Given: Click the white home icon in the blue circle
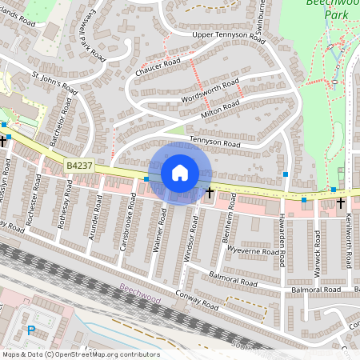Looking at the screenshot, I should click(x=179, y=172).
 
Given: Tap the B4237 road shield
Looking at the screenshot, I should click(x=79, y=165).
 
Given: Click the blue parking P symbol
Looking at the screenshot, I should click(x=31, y=330).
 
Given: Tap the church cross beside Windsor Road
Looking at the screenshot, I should click(x=210, y=192).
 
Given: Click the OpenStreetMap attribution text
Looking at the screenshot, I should click(x=80, y=354).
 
